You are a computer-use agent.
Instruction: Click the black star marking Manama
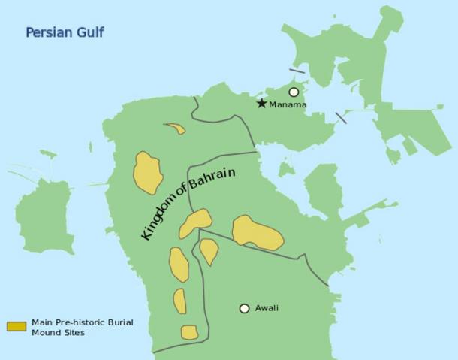(261, 104)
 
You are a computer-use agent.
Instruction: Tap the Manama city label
(288, 105)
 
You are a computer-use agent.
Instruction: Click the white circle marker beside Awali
(244, 308)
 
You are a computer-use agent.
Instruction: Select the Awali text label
(267, 308)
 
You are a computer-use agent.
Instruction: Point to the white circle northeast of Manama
(294, 92)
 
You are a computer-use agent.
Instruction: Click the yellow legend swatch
(17, 327)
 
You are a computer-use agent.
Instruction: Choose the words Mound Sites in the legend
(58, 333)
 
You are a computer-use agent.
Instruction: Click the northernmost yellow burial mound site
(176, 129)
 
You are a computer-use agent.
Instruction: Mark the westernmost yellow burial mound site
(148, 173)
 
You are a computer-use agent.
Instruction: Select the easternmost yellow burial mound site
(257, 233)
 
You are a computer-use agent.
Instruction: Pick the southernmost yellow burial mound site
(189, 332)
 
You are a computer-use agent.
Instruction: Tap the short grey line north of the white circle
(297, 71)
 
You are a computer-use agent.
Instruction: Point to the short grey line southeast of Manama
(341, 118)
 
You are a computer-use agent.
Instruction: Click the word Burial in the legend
(120, 322)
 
